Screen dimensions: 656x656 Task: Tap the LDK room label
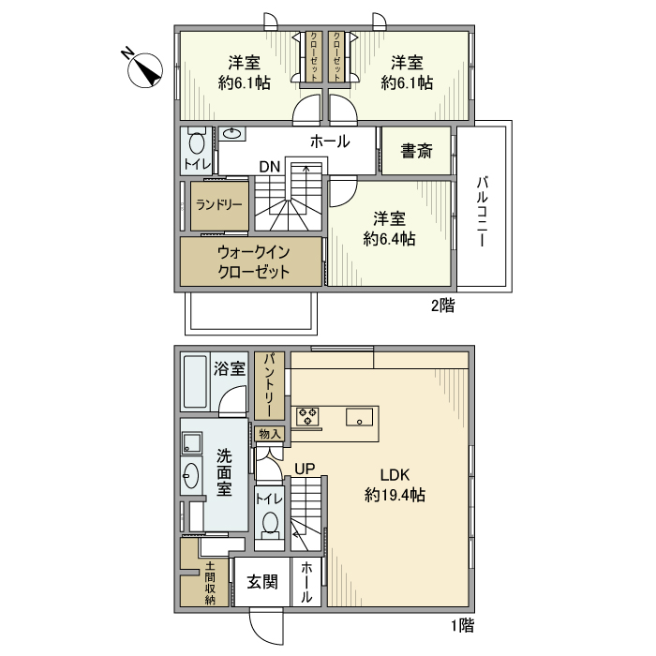(395, 473)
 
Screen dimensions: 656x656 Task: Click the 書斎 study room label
(416, 152)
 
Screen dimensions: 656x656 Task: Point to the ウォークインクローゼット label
(252, 262)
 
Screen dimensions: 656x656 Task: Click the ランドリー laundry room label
(217, 206)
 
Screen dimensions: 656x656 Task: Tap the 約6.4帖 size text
(390, 239)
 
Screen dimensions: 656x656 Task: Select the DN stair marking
(270, 167)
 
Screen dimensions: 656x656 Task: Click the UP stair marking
(305, 469)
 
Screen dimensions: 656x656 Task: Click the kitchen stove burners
(307, 417)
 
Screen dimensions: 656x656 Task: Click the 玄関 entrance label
(262, 582)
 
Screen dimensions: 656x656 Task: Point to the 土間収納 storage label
(210, 584)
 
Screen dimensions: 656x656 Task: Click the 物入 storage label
(268, 434)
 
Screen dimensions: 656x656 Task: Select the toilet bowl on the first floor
(271, 524)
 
